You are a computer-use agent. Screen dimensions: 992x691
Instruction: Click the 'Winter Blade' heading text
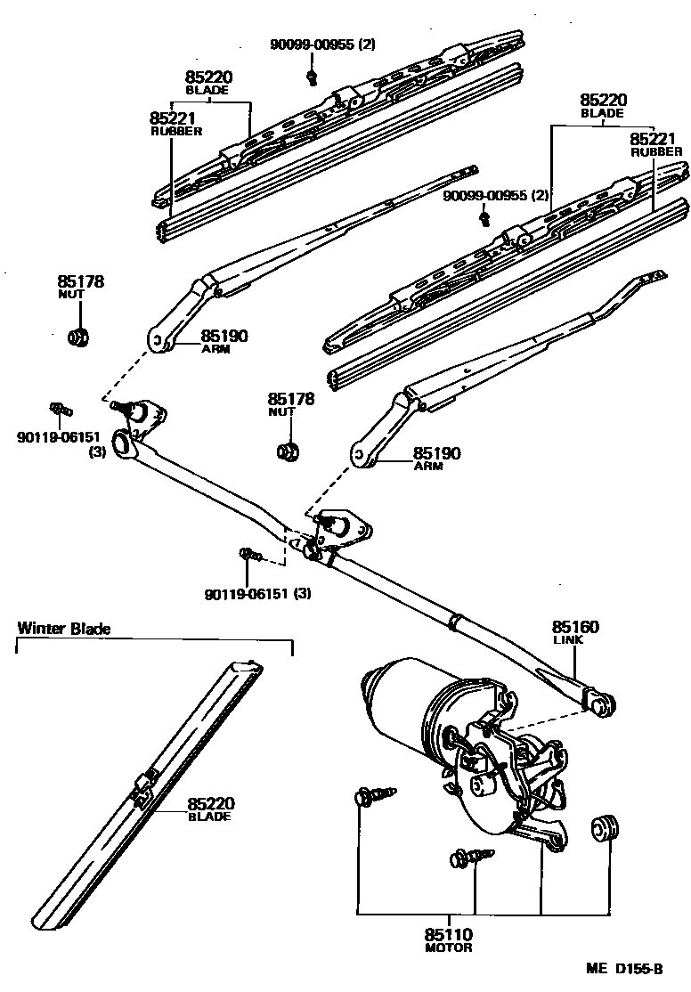[64, 628]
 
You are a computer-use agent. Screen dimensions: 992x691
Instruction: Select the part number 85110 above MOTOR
[448, 935]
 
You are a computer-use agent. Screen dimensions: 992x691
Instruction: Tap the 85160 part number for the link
[575, 628]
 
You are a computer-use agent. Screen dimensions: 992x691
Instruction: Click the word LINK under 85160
[567, 641]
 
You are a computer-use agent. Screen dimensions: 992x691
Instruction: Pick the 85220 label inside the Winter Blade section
[210, 802]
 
